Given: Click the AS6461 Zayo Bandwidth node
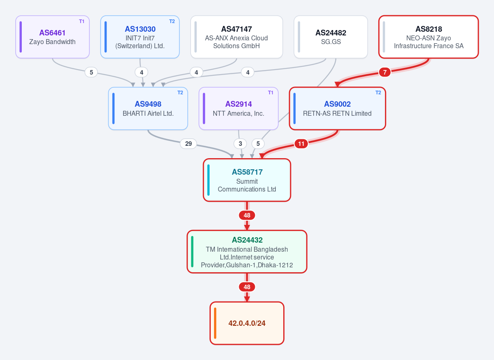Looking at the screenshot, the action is click(x=53, y=37).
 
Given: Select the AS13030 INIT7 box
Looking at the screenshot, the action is click(x=140, y=37).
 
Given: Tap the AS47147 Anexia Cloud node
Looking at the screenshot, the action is click(x=236, y=37).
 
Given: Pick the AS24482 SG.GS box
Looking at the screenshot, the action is click(x=331, y=37).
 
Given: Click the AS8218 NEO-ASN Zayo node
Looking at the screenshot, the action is click(x=429, y=37).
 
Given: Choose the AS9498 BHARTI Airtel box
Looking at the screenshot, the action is click(x=148, y=108).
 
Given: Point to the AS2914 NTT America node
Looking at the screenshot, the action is click(x=238, y=108).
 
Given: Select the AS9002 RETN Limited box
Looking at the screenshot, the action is click(x=337, y=108).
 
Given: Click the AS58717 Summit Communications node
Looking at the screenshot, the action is click(x=247, y=180).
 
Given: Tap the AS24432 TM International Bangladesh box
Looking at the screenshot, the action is click(x=247, y=252).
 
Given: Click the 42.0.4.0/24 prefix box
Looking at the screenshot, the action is click(x=247, y=323).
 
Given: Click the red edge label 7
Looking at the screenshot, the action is click(x=384, y=72).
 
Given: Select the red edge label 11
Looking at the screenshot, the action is click(x=301, y=144).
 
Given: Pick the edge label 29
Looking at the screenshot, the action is click(x=189, y=144).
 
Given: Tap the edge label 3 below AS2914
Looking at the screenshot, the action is click(x=240, y=144).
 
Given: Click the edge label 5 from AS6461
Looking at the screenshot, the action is click(x=91, y=72).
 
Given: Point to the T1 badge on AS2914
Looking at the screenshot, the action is click(x=270, y=93).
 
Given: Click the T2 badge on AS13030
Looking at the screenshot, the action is click(x=172, y=21).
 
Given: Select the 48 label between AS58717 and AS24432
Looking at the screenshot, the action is click(x=247, y=215).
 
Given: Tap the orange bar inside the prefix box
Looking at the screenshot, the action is click(x=215, y=323).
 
